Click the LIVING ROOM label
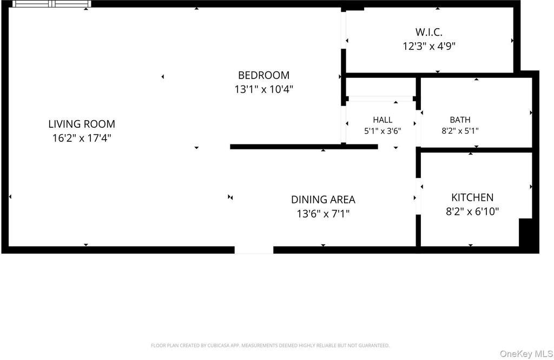[82, 124]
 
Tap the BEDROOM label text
[263, 75]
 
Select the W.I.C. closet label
[429, 32]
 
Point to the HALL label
[382, 120]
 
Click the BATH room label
[460, 120]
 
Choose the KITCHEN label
[472, 198]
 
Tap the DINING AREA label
[323, 200]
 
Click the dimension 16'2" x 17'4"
[82, 138]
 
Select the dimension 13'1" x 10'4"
[263, 89]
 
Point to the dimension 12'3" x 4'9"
[429, 46]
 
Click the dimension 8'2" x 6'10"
[472, 212]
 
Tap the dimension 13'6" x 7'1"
[323, 214]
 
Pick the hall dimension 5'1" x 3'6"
[382, 131]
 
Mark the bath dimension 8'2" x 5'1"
[460, 131]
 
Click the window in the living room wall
[52, 4]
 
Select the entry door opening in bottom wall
[254, 250]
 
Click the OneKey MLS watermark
[526, 354]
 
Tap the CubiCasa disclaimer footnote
[271, 345]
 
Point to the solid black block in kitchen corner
[525, 232]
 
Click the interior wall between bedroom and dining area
[304, 147]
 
